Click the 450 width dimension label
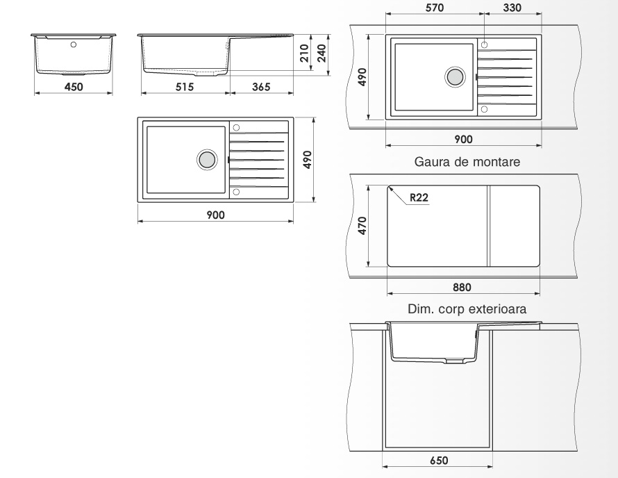(x=74, y=87)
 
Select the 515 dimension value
(x=185, y=87)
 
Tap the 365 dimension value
(x=261, y=87)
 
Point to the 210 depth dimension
(x=304, y=53)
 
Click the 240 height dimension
(x=321, y=53)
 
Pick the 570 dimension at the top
(x=434, y=8)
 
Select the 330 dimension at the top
(x=512, y=8)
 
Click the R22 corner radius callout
(x=419, y=197)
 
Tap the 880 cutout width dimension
(x=462, y=287)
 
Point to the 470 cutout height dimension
(x=362, y=226)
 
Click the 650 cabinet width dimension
(x=439, y=460)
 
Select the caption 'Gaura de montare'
(x=467, y=162)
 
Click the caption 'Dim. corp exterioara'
(x=467, y=308)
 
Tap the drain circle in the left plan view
(x=207, y=160)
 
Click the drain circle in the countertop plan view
(x=455, y=76)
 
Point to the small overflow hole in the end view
(x=74, y=44)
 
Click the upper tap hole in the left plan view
(x=237, y=127)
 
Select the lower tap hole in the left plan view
(x=237, y=192)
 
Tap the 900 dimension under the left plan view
(x=215, y=215)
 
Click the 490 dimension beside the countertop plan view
(x=362, y=77)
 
